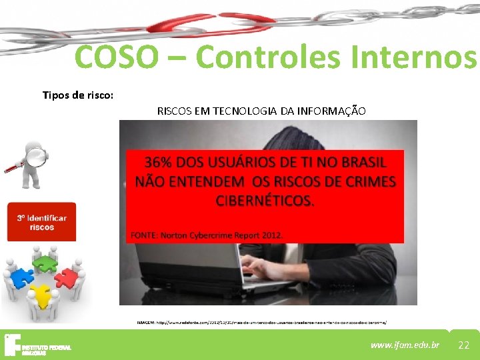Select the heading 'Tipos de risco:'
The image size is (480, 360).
pos(78,95)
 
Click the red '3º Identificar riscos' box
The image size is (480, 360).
pos(41,223)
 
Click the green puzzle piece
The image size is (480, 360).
pos(45,264)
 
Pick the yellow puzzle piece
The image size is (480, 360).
pos(42,293)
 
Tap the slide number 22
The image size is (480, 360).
pos(464,345)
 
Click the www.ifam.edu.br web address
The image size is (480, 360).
pos(405,345)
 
